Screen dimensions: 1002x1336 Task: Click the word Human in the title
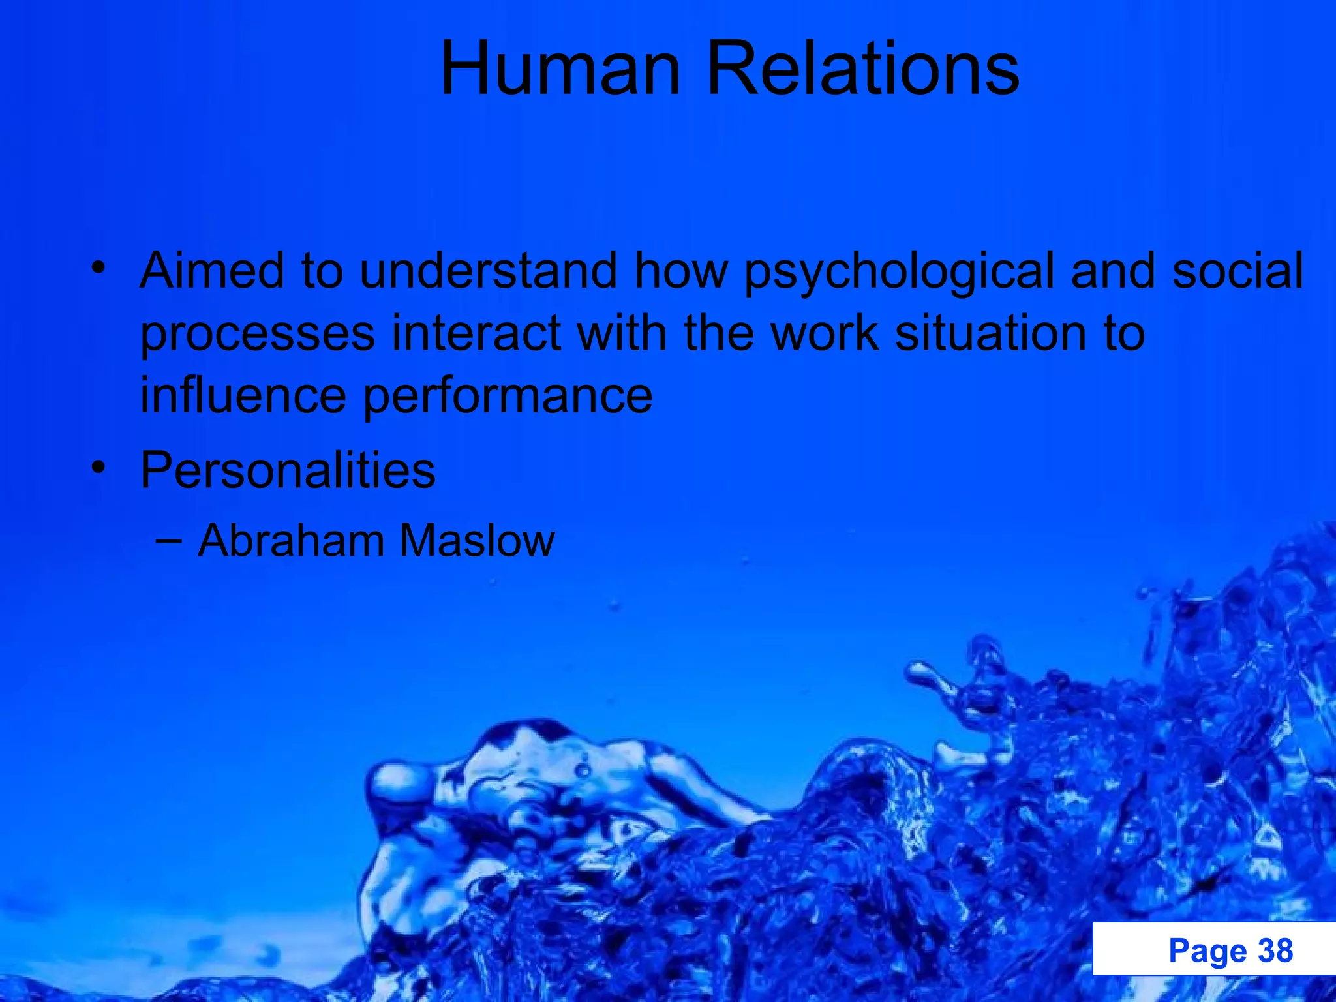point(560,68)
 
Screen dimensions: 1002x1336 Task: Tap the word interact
point(476,333)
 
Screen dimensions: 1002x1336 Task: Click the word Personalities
point(288,470)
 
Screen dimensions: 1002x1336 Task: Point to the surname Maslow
point(476,540)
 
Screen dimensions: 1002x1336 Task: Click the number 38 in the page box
point(1275,950)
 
